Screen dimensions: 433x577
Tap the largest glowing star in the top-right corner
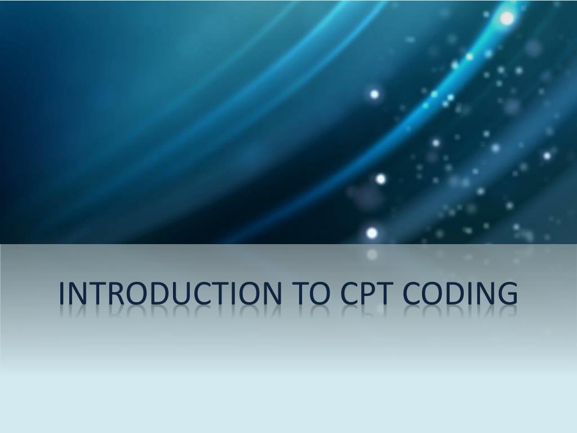pyautogui.click(x=507, y=18)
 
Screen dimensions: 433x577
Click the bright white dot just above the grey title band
pyautogui.click(x=372, y=232)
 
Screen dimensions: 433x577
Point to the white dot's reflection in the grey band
pyautogui.click(x=372, y=255)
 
